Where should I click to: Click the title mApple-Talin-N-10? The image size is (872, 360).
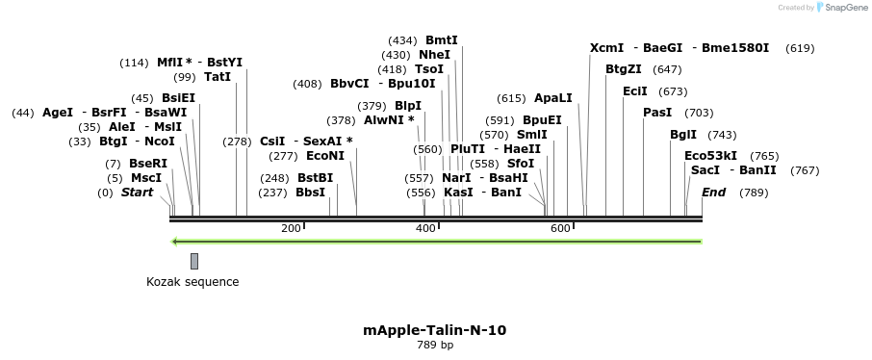coord(435,330)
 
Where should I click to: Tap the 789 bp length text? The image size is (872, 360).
coord(435,345)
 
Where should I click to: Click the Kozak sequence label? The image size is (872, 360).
coord(192,282)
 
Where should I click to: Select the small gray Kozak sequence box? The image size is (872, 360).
coord(194,261)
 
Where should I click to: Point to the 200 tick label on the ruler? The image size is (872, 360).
coord(291,228)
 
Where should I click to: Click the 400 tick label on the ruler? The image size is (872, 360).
coord(425,228)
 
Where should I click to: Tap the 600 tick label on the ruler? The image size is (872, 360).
coord(560,228)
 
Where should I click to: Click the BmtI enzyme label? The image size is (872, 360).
coord(442,40)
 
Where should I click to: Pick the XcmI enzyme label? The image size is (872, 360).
coord(606,48)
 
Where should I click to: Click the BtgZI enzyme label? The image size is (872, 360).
coord(624,69)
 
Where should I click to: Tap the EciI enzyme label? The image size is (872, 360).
coord(635,91)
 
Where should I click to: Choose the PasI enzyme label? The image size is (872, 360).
coord(657,113)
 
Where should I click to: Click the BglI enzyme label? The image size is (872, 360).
coord(683,135)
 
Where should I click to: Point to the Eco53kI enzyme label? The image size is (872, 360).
coord(710,156)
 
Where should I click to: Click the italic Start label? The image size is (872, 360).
coord(137,193)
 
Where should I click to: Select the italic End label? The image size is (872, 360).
coord(713,193)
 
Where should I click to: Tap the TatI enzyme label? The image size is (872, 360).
coord(218,77)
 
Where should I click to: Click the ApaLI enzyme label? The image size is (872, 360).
coord(552,98)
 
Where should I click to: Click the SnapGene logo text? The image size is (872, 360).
coord(842,8)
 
